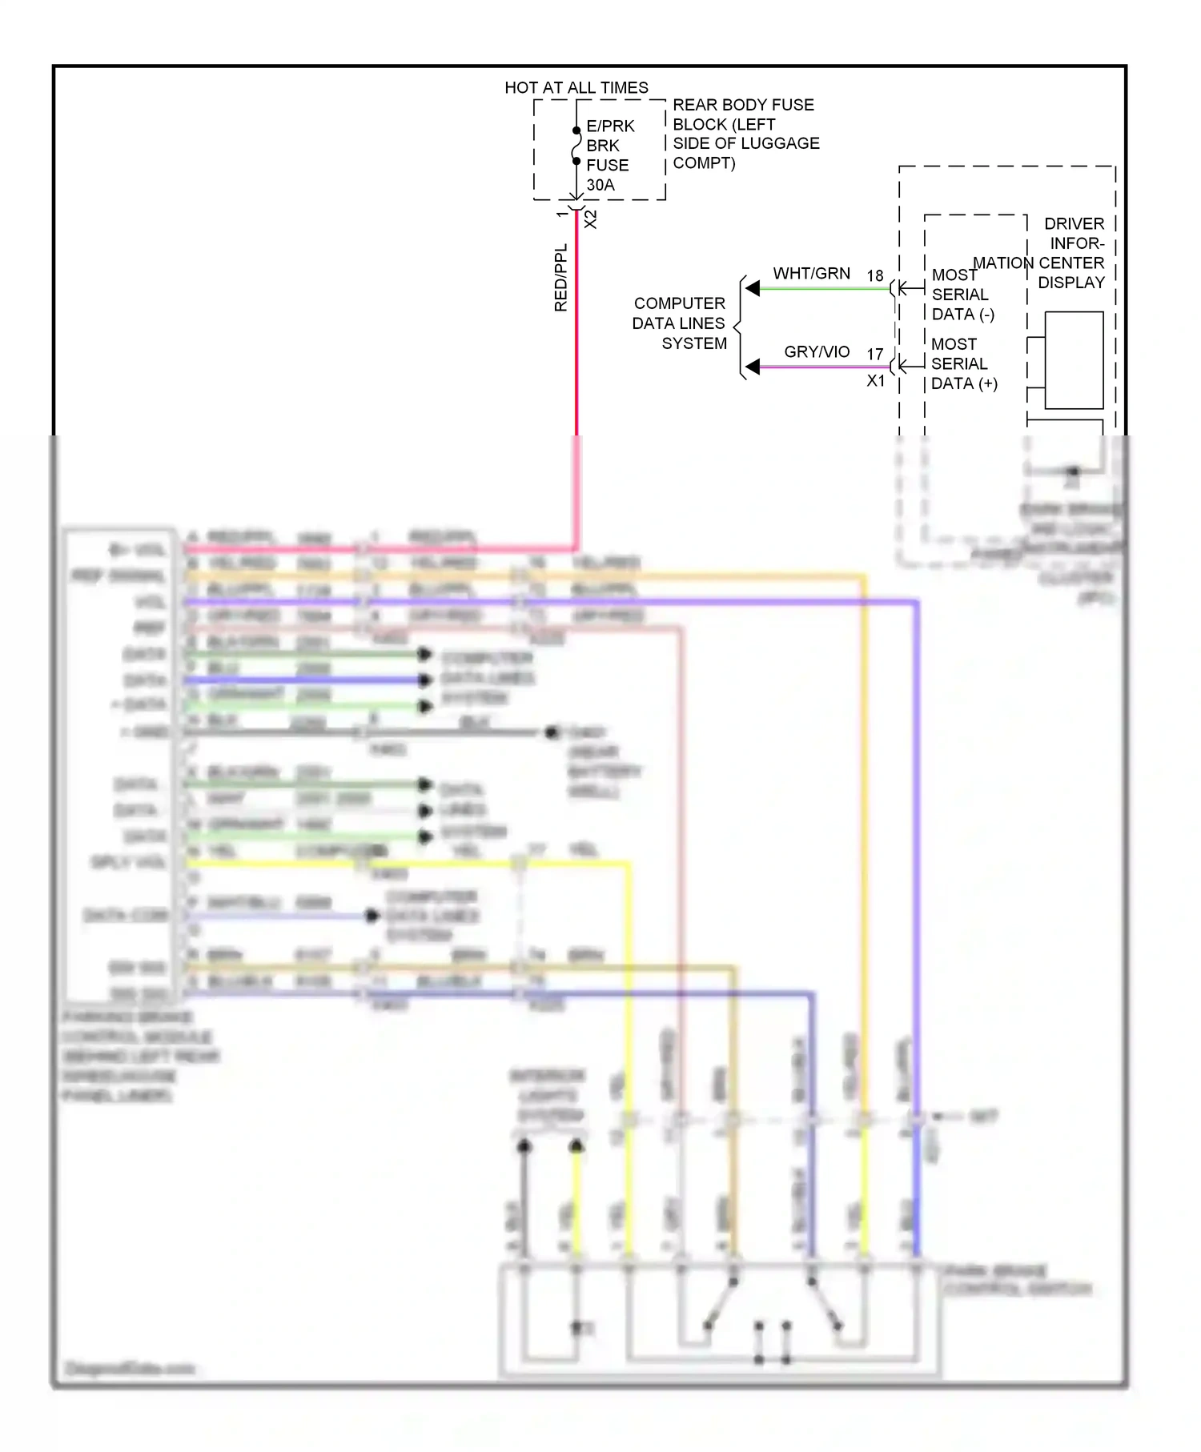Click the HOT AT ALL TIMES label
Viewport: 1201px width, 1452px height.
[x=576, y=87]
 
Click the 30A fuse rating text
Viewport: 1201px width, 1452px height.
[x=600, y=185]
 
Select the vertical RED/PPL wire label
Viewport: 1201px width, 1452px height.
[x=560, y=278]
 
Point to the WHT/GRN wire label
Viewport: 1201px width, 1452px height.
[x=811, y=273]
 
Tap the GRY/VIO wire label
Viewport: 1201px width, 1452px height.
[x=816, y=351]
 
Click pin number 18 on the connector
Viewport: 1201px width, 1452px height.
[x=874, y=275]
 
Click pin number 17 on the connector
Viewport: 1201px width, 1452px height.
[x=874, y=354]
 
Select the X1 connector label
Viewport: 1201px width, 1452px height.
[x=876, y=381]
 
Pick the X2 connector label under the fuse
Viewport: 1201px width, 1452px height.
[x=591, y=219]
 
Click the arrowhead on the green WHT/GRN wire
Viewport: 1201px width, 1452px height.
[x=753, y=288]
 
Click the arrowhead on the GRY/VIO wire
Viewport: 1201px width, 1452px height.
[x=753, y=367]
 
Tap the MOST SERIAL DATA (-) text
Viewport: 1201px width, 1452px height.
[x=961, y=295]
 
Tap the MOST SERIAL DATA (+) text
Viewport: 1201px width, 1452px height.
[x=962, y=363]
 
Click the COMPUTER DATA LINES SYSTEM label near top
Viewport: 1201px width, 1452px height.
[x=679, y=323]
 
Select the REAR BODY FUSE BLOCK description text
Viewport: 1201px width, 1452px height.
[x=745, y=134]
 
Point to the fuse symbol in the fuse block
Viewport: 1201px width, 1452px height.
[x=576, y=146]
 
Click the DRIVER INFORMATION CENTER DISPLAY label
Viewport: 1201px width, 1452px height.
[x=1057, y=253]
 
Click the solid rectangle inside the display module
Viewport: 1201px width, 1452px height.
[x=1074, y=360]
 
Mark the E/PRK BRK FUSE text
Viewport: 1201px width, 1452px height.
[x=609, y=146]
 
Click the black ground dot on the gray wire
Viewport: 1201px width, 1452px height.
[x=551, y=732]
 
